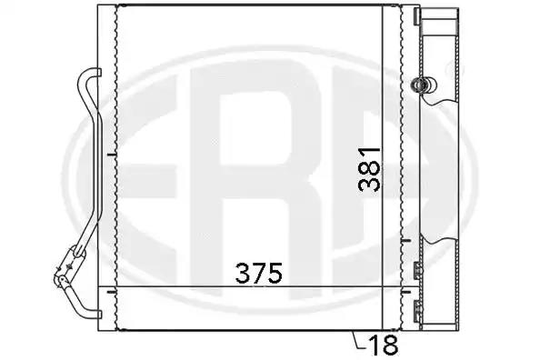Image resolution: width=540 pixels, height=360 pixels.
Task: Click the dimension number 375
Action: (x=258, y=274)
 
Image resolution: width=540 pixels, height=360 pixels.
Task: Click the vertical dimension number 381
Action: (x=369, y=169)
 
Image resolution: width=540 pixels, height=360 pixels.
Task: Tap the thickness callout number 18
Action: (x=383, y=345)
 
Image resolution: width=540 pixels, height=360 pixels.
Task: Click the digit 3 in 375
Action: (x=243, y=274)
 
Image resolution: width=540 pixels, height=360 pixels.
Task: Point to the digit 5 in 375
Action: (x=275, y=274)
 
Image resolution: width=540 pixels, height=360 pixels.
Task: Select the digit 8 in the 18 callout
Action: (x=391, y=345)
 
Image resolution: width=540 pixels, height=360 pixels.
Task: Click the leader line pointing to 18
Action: (x=358, y=341)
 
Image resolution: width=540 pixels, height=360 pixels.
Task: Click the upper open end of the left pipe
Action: (x=99, y=73)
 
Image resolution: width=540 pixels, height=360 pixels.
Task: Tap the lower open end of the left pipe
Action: (x=99, y=315)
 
